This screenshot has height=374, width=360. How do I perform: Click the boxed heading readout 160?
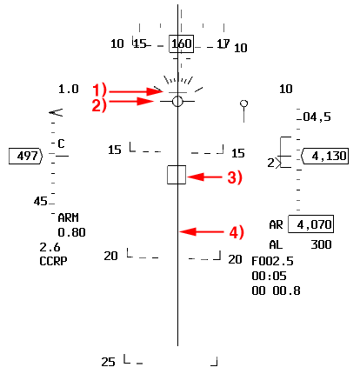182,44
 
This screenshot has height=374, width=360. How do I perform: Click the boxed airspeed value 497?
26,157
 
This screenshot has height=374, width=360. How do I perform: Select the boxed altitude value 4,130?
325,157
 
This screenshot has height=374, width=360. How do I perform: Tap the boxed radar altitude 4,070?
310,224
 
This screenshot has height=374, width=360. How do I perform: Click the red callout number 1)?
100,90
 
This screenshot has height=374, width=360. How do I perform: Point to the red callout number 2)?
99,105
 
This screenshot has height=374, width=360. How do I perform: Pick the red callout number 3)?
235,177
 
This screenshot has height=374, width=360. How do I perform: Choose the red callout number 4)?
237,232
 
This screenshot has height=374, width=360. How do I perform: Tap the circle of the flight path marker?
172,102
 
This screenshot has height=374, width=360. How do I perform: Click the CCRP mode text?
53,261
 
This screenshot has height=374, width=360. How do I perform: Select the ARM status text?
68,217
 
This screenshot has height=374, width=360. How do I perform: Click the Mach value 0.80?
71,232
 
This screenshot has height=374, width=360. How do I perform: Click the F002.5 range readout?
272,261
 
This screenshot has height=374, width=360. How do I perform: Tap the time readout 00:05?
269,276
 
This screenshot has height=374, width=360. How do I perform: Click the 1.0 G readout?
69,89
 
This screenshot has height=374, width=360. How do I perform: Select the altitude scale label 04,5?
317,117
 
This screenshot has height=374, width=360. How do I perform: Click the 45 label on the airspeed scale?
40,201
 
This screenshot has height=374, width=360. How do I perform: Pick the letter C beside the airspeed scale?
61,144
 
